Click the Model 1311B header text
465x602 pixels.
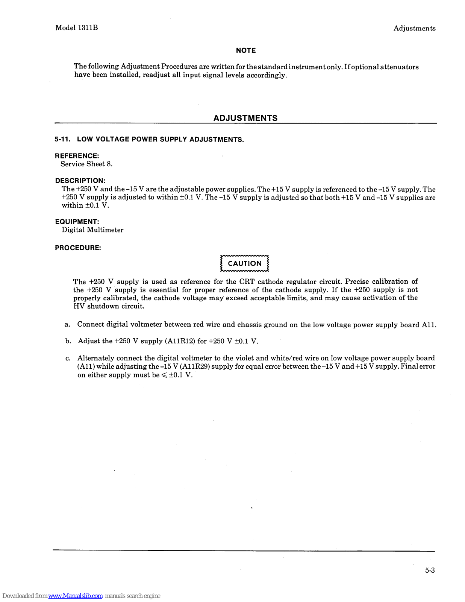[x=77, y=28]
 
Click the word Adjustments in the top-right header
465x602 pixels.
[x=414, y=28]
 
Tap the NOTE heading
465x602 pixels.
[x=246, y=50]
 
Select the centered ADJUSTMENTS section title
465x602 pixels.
[x=245, y=118]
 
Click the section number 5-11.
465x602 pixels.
[x=62, y=139]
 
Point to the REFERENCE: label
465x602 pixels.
[x=77, y=156]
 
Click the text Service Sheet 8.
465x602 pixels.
[x=86, y=164]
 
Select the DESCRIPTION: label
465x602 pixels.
[x=80, y=181]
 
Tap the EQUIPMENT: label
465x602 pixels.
[x=77, y=222]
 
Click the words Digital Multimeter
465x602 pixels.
[x=92, y=230]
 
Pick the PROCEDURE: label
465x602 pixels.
[x=78, y=248]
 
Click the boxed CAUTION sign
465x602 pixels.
[x=245, y=263]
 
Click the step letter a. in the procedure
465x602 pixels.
[x=68, y=325]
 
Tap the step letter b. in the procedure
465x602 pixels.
[x=68, y=341]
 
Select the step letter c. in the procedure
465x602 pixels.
[x=68, y=358]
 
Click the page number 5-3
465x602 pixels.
[x=430, y=570]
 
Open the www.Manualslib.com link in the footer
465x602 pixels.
[x=75, y=596]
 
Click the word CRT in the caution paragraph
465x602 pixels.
[x=247, y=282]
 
